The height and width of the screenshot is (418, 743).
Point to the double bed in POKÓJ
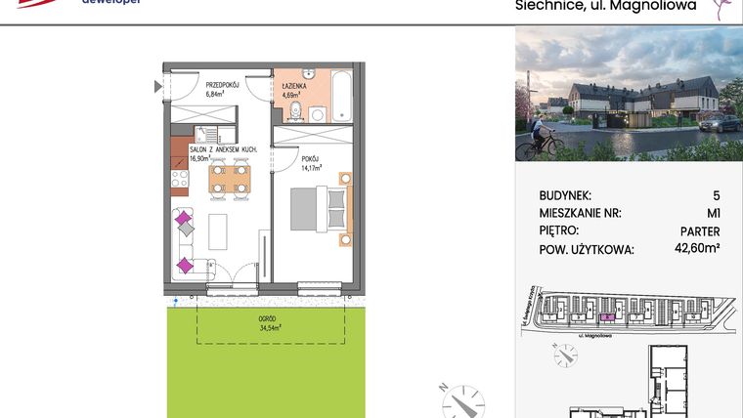[x=318, y=209]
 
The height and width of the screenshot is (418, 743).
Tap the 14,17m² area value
[x=312, y=168]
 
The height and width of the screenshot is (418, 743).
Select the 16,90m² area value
[x=199, y=157]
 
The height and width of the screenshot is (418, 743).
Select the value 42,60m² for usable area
[x=697, y=249]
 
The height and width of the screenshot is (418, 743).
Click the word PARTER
[x=698, y=231]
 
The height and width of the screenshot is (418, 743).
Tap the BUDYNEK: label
[x=565, y=195]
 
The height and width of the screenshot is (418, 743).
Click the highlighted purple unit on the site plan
[x=605, y=316]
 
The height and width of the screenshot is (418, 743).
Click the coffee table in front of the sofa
[x=218, y=230]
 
